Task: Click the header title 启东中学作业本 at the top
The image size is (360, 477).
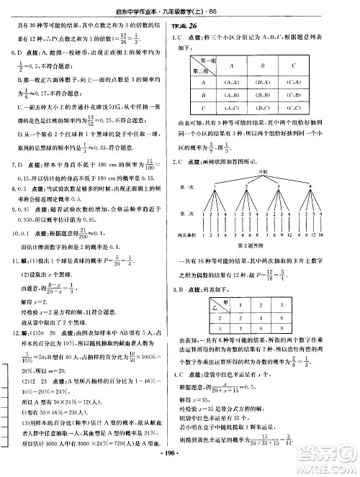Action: [163, 9]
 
